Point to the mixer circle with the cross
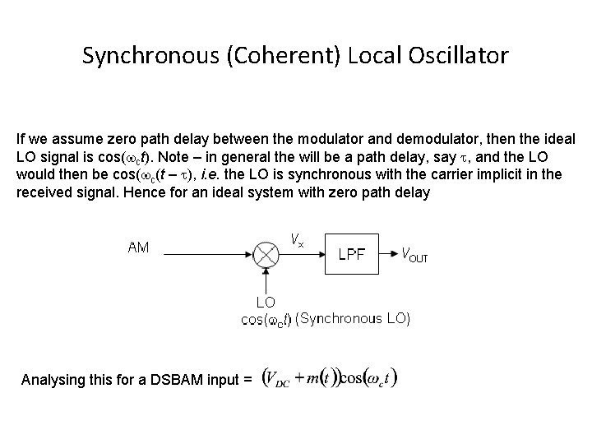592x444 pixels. (266, 254)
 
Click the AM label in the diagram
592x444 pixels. (138, 247)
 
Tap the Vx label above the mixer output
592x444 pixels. (297, 240)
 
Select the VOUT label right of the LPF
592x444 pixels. (414, 254)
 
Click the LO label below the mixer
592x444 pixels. (266, 303)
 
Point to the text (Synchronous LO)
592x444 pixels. (353, 318)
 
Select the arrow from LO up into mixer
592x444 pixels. (266, 280)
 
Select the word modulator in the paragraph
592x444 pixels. (363, 140)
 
